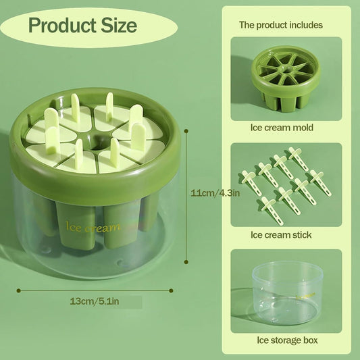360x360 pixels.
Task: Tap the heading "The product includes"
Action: [280, 25]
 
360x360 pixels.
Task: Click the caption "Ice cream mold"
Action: [282, 127]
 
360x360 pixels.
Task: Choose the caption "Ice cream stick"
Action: [282, 235]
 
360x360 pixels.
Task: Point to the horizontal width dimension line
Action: [95, 290]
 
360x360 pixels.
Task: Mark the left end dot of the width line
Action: [18, 290]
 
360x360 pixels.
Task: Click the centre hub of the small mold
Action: [286, 68]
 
